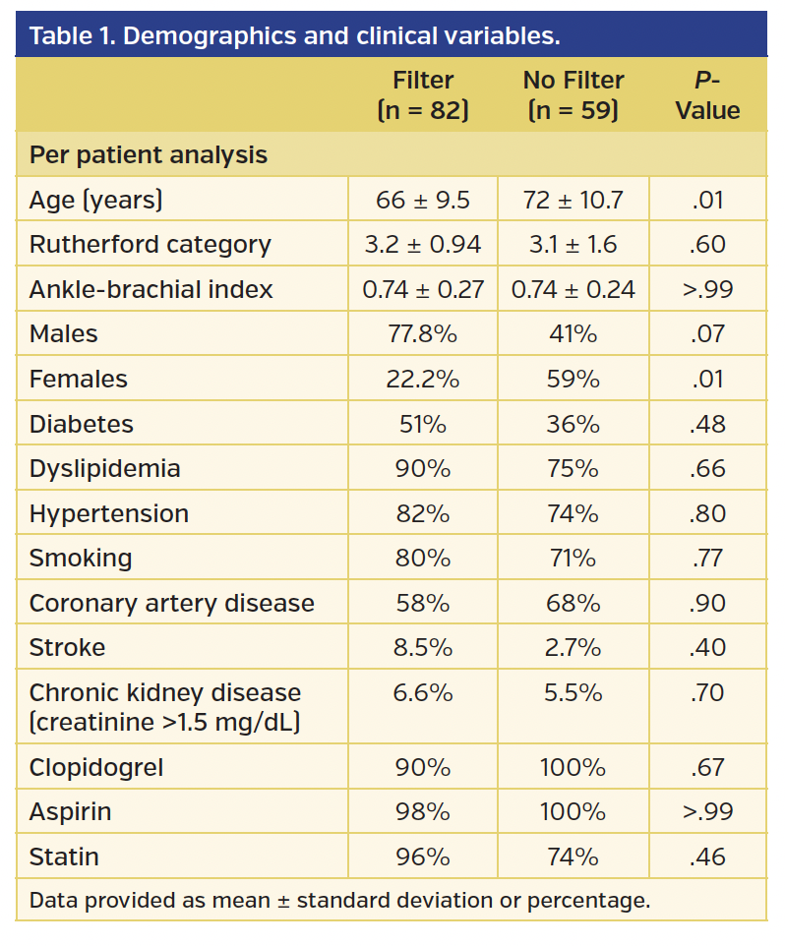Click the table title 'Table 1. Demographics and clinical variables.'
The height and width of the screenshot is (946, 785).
click(x=294, y=37)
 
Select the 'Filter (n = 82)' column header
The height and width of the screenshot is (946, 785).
click(x=423, y=94)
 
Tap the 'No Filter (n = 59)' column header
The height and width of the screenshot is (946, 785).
click(x=573, y=94)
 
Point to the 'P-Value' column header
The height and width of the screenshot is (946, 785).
click(x=707, y=94)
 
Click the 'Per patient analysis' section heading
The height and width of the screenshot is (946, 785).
click(x=149, y=154)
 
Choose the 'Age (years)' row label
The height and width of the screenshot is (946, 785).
click(x=96, y=200)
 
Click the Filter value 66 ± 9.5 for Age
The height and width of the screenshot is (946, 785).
click(x=423, y=200)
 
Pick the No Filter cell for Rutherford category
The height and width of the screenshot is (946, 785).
click(x=573, y=244)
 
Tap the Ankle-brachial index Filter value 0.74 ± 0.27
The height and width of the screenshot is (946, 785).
click(x=423, y=289)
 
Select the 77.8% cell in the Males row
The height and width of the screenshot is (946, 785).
click(x=423, y=334)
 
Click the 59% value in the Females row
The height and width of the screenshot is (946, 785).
click(x=573, y=379)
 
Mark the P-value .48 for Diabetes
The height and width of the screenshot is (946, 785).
click(x=707, y=424)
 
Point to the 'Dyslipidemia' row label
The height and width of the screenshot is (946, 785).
click(x=105, y=468)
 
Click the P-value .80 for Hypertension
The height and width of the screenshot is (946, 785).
click(x=707, y=513)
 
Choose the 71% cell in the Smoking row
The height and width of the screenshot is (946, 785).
click(x=573, y=558)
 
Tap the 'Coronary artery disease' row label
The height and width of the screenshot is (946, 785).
click(x=172, y=603)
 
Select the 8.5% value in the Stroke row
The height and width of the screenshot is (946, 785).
click(x=423, y=647)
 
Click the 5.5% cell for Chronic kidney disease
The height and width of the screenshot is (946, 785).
click(x=573, y=692)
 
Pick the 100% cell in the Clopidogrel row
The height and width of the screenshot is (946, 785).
click(x=573, y=767)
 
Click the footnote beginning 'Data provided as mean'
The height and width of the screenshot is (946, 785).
click(x=340, y=900)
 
